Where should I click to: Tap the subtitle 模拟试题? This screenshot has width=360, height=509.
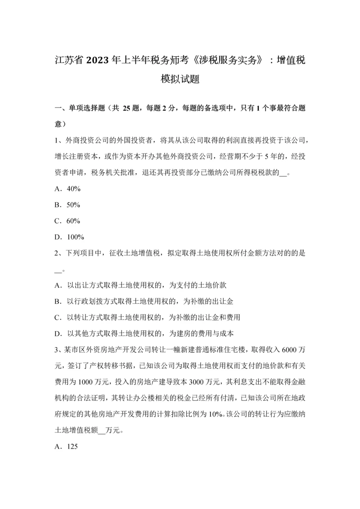180,80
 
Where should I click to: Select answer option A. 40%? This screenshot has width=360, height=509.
67,189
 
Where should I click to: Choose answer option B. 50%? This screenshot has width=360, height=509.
67,205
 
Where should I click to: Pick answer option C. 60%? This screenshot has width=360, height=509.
67,221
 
